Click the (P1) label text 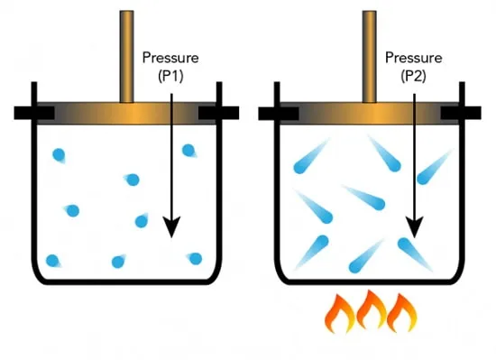pyautogui.click(x=170, y=76)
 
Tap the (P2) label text pyautogui.click(x=413, y=76)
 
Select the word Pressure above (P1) pyautogui.click(x=170, y=58)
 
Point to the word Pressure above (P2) pyautogui.click(x=413, y=58)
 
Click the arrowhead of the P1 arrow pyautogui.click(x=171, y=226)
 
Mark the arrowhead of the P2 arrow pyautogui.click(x=415, y=226)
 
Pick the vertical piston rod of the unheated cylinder pyautogui.click(x=126, y=57)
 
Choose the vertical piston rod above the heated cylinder pyautogui.click(x=370, y=57)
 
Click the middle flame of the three pyautogui.click(x=371, y=309)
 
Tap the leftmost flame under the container pyautogui.click(x=340, y=313)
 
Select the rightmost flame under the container pyautogui.click(x=401, y=312)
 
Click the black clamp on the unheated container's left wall pyautogui.click(x=34, y=113)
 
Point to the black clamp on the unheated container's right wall pyautogui.click(x=218, y=113)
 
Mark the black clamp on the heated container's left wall pyautogui.click(x=279, y=113)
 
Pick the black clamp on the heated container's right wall pyautogui.click(x=461, y=113)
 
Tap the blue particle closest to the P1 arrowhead pyautogui.click(x=142, y=221)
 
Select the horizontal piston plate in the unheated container pyautogui.click(x=126, y=114)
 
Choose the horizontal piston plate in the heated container pyautogui.click(x=370, y=114)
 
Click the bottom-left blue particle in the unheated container pyautogui.click(x=52, y=261)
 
